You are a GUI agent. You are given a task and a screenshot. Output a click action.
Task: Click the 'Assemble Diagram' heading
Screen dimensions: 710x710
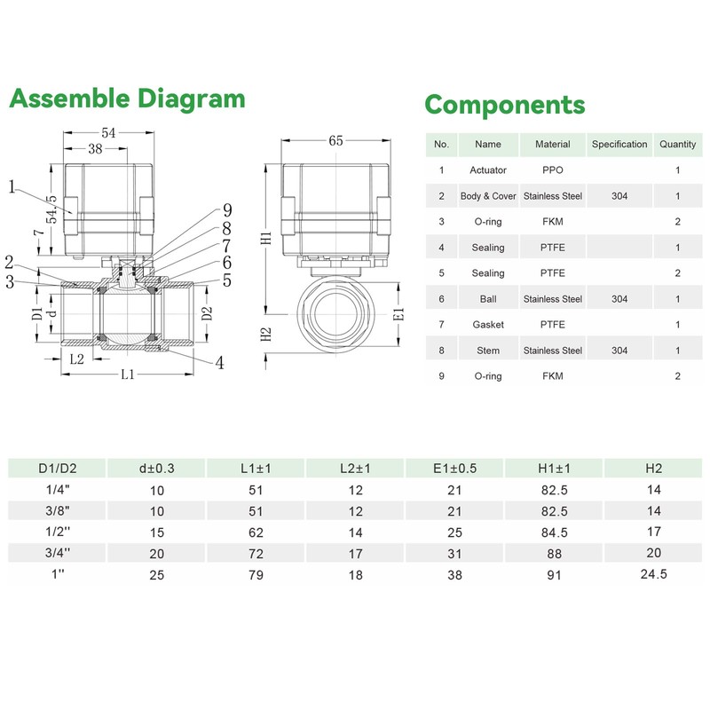127,99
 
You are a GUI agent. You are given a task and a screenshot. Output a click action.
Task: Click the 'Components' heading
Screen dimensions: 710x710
505,106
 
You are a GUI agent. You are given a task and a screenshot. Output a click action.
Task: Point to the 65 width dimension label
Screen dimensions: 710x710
335,141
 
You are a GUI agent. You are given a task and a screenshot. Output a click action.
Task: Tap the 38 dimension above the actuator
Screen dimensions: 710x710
95,149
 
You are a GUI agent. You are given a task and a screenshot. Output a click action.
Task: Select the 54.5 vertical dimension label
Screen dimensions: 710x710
52,209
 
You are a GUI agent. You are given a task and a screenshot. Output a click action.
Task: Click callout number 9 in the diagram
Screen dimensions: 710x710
227,210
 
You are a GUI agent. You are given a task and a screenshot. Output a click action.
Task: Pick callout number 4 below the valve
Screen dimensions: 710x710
219,363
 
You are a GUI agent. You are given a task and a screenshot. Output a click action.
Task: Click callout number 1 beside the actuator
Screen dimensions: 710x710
12,186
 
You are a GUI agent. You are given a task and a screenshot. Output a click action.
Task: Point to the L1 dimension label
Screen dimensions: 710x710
128,375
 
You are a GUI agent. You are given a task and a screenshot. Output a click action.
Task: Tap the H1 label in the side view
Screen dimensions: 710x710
266,238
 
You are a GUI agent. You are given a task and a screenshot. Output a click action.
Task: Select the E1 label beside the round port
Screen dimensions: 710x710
399,314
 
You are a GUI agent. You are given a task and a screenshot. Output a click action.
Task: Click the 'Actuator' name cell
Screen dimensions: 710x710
487,170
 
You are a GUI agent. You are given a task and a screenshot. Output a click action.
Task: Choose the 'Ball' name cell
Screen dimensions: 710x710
487,299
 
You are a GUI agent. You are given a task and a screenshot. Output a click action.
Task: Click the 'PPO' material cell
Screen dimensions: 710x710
552,170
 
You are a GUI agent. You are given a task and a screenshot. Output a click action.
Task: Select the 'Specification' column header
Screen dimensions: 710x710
619,145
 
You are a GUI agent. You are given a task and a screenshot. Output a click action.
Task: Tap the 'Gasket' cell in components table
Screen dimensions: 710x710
487,325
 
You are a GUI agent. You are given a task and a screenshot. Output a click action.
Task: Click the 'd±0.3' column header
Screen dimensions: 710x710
157,469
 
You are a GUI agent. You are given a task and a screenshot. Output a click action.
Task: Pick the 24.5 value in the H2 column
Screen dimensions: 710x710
653,574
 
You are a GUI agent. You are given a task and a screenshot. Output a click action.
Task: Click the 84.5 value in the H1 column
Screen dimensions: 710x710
554,532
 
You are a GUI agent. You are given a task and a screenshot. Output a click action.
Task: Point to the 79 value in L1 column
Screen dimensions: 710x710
256,575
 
